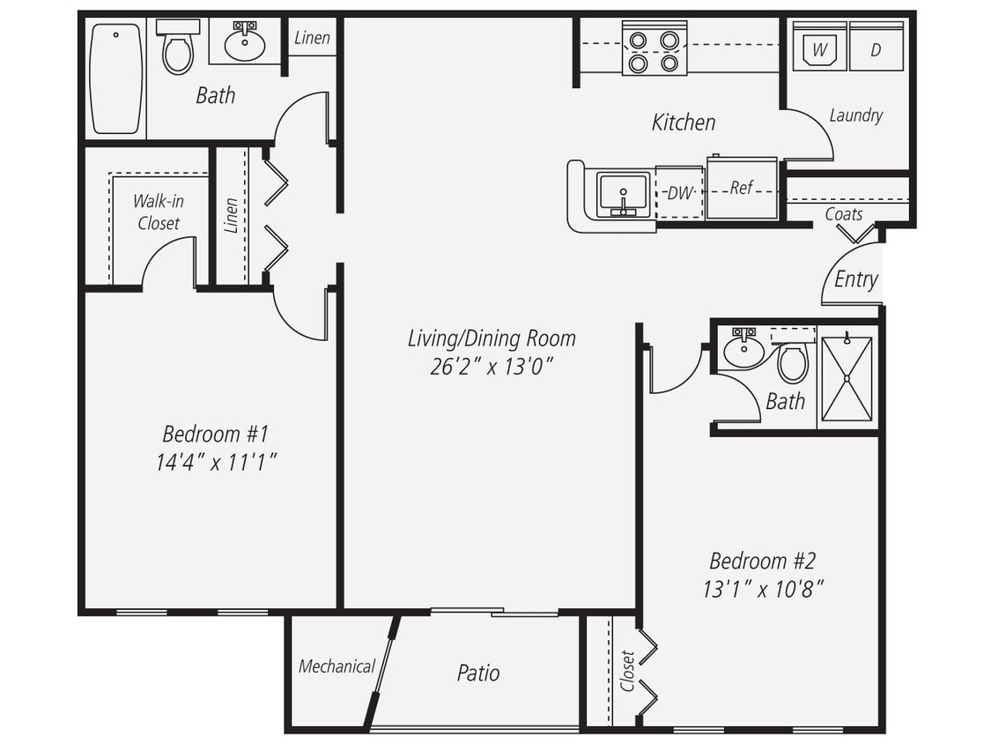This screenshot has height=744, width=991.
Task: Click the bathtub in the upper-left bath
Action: point(115,78)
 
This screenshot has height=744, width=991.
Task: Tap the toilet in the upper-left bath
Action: point(178,51)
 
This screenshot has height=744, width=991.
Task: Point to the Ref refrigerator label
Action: point(741,188)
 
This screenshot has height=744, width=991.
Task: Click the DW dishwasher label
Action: point(679,193)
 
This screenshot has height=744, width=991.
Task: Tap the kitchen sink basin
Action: point(624,193)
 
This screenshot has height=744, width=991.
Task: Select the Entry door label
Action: point(855,279)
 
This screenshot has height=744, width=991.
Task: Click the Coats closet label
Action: point(843,214)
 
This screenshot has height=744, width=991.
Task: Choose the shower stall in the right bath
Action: point(847,377)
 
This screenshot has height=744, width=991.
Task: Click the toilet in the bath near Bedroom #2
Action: point(793,361)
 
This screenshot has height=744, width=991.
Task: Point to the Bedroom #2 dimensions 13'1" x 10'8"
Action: point(763,589)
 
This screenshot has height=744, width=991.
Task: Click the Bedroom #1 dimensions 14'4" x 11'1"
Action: point(216,461)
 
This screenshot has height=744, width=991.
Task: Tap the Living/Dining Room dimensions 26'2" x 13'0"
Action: point(491,366)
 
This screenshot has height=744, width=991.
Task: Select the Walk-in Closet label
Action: point(159,212)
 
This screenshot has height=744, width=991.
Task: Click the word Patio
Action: point(478,673)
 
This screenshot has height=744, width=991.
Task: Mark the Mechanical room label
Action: point(336,666)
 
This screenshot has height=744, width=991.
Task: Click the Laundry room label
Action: point(855,115)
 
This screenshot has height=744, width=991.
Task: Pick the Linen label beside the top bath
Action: point(312,38)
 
